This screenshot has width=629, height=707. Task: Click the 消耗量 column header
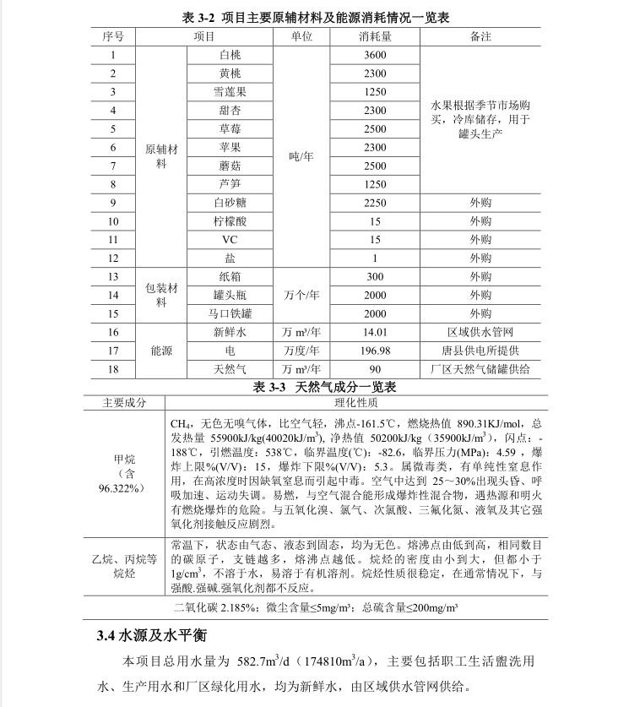(375, 37)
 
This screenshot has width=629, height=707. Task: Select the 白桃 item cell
(230, 56)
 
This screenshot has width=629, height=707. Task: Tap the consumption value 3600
(375, 56)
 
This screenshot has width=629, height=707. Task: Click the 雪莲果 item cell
(230, 92)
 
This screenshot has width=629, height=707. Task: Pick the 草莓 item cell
(230, 129)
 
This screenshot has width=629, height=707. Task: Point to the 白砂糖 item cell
(230, 203)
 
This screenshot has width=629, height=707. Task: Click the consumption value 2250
(375, 203)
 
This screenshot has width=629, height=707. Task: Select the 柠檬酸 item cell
(230, 221)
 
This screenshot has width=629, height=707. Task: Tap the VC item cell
(230, 240)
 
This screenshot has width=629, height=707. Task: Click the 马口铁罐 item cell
(230, 313)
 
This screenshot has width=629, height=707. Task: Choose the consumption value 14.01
(375, 332)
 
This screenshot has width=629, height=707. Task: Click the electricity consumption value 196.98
(375, 351)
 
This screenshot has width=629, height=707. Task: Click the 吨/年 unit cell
(301, 156)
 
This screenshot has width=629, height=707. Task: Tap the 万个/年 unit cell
(301, 295)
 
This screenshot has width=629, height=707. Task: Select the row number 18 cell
(113, 369)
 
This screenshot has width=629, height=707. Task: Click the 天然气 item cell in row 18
(230, 369)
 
